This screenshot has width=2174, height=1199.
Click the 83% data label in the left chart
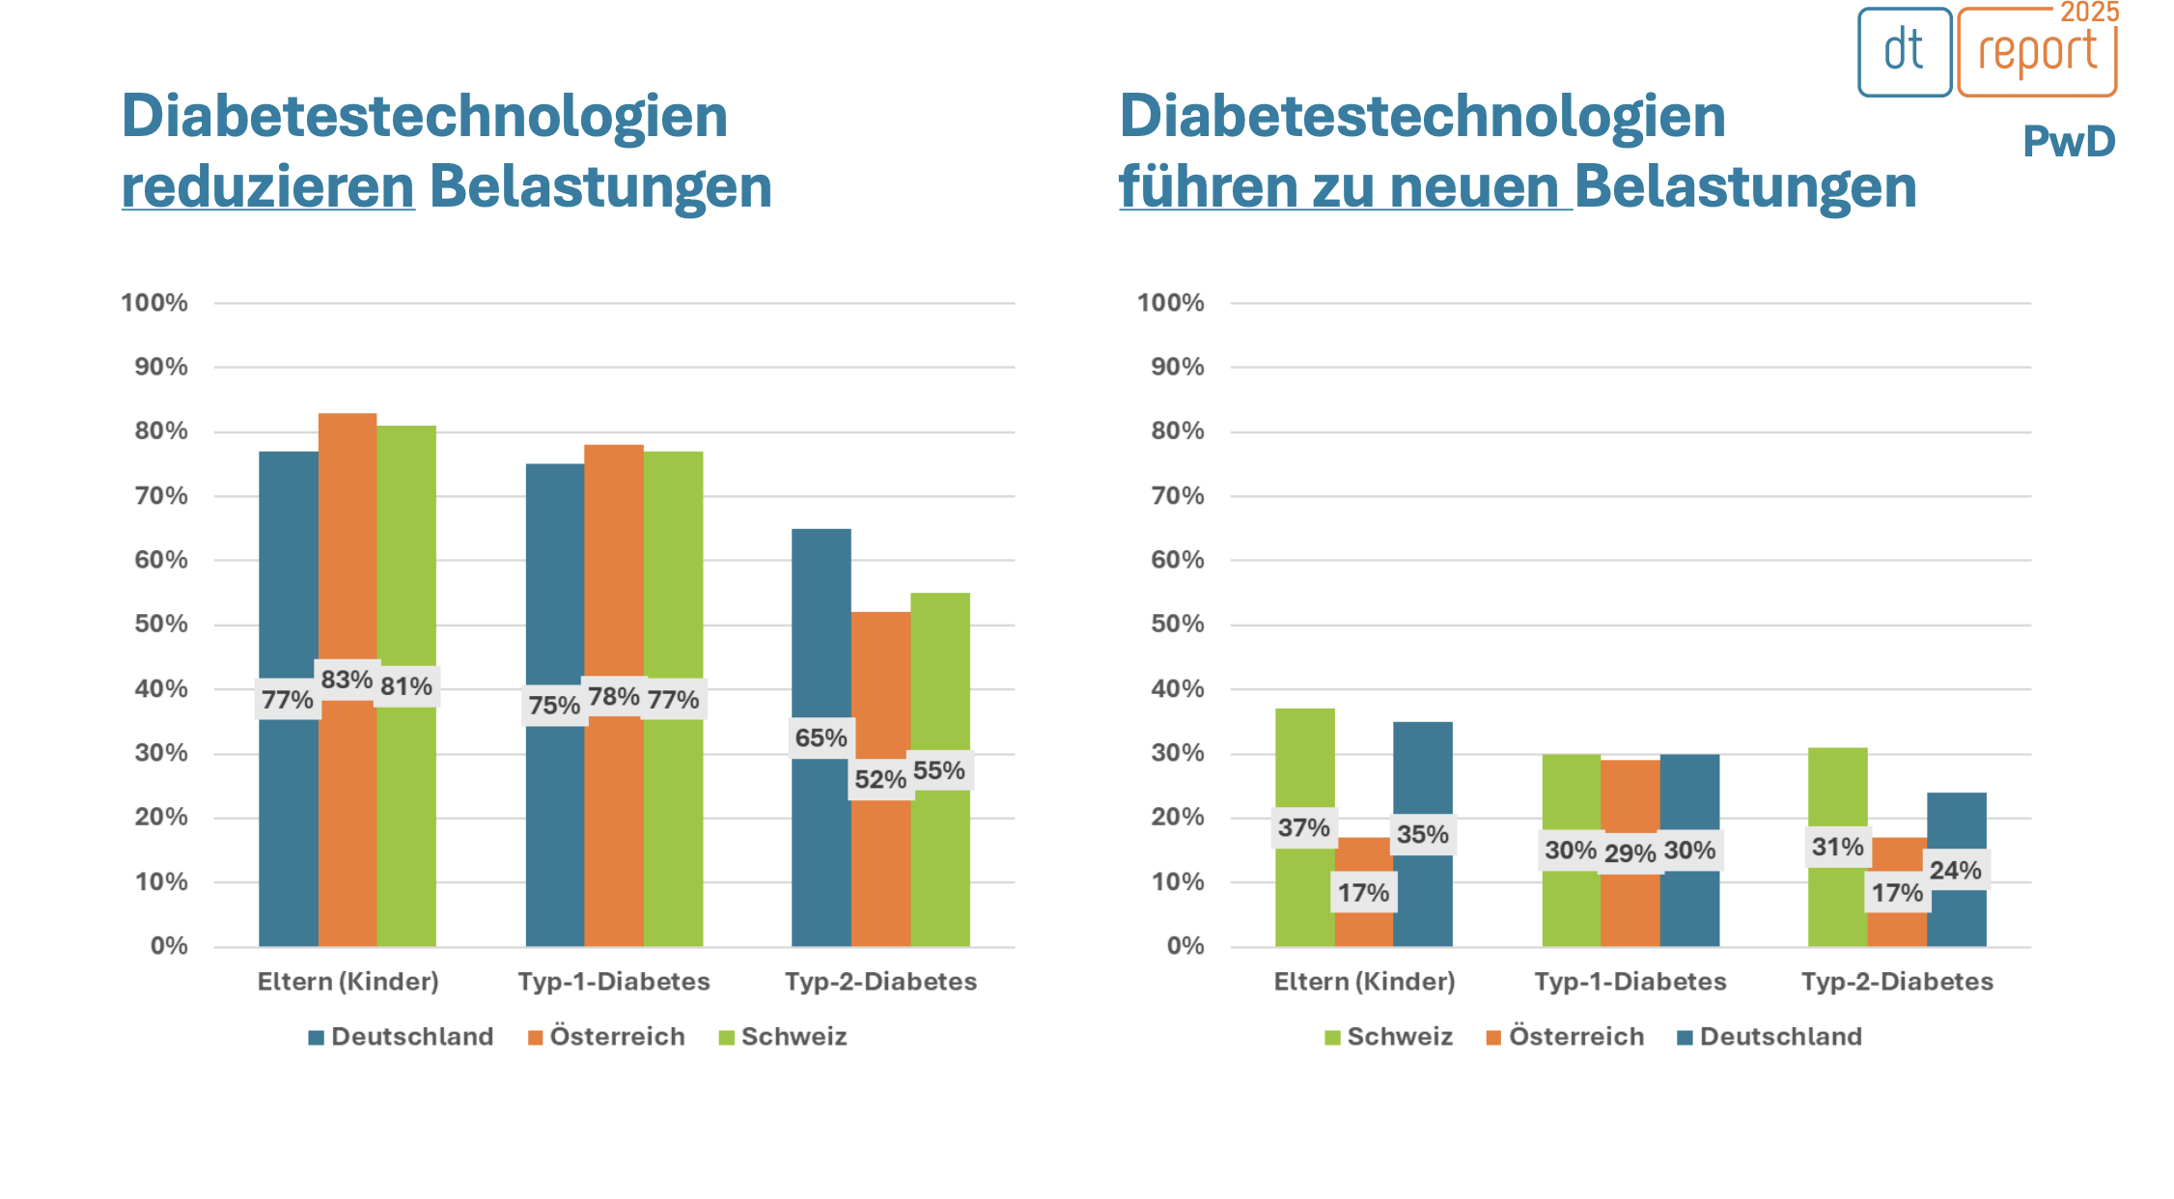click(x=347, y=680)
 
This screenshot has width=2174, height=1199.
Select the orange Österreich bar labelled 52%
click(x=880, y=695)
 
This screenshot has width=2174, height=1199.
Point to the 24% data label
click(x=1955, y=870)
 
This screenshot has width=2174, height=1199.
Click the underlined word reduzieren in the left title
click(x=268, y=186)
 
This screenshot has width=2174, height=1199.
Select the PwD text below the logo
click(x=2069, y=142)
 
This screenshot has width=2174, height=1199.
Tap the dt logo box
click(x=1904, y=52)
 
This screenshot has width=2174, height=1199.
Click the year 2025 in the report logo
click(x=2089, y=13)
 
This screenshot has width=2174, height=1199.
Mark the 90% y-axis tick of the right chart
click(x=1177, y=367)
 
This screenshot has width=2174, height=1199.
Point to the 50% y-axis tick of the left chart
click(x=161, y=624)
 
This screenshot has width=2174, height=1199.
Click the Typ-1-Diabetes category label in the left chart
click(x=614, y=982)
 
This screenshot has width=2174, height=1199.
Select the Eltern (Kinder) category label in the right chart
click(x=1364, y=982)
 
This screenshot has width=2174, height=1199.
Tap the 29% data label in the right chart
click(x=1630, y=853)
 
